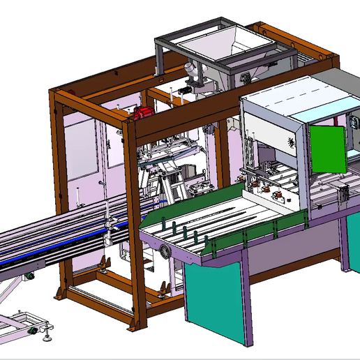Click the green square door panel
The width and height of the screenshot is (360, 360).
(327, 149)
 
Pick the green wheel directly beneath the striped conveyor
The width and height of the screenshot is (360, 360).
(30, 278)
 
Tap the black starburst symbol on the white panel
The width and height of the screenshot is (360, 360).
(289, 142)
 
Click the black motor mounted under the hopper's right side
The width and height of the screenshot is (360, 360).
(247, 77)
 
